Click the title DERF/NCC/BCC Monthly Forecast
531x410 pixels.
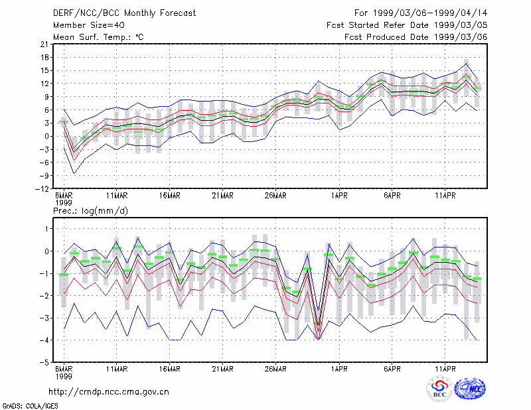(124, 13)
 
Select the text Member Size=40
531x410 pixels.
(89, 25)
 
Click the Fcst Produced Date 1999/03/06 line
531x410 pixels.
(416, 37)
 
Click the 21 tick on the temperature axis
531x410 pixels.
(44, 44)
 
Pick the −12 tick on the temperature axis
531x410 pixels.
(42, 188)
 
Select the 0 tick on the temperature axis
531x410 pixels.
(46, 136)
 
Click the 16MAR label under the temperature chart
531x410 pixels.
(170, 196)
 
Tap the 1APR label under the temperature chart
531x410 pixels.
(339, 196)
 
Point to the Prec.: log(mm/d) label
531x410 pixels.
(90, 211)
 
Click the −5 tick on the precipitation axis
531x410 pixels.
(44, 362)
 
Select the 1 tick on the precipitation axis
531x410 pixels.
(46, 229)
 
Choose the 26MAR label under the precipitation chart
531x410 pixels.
(275, 369)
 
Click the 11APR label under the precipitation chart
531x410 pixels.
(445, 369)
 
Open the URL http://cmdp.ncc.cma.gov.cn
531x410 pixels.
(109, 392)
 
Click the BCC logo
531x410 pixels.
(439, 389)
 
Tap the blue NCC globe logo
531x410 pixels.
(470, 389)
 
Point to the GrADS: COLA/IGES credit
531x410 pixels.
(30, 406)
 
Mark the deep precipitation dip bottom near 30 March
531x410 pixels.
(318, 339)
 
